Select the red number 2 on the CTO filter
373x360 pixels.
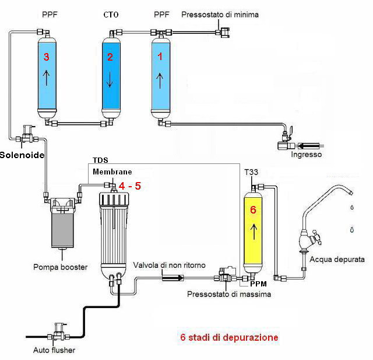click(x=109, y=57)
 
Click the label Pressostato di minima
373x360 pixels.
click(x=213, y=14)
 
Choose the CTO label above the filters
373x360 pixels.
click(x=110, y=15)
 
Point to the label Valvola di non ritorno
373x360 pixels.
click(x=169, y=265)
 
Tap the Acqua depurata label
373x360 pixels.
click(x=337, y=259)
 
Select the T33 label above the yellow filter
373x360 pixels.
click(x=249, y=172)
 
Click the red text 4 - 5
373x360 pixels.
click(x=129, y=185)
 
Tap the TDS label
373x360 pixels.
click(x=100, y=160)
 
